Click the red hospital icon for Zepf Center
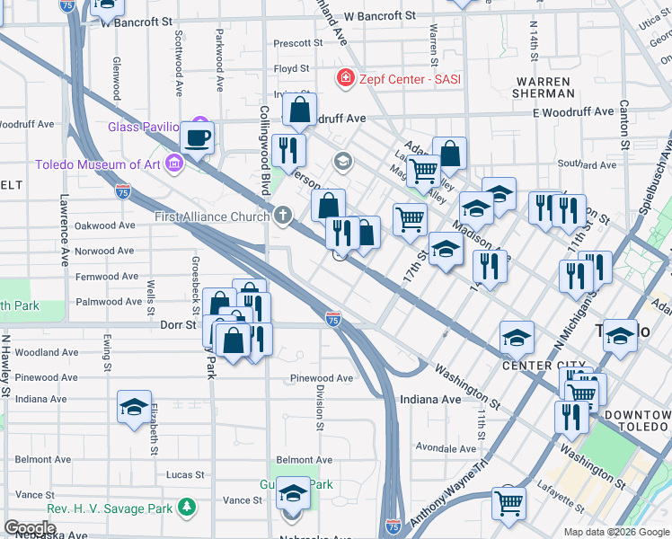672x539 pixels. [x=343, y=80]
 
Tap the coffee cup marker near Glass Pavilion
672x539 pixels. [x=198, y=138]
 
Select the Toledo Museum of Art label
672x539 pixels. [x=97, y=164]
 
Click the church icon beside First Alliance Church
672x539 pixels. [x=283, y=216]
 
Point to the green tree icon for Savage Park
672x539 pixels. [x=187, y=508]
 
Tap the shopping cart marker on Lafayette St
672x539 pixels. [x=508, y=502]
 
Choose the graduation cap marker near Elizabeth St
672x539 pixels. [x=134, y=406]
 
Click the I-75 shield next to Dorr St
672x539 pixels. [x=333, y=318]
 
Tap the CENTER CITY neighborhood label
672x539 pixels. [x=537, y=366]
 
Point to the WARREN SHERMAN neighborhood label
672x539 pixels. [x=544, y=87]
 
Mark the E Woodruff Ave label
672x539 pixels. [x=568, y=112]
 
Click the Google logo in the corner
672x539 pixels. [x=30, y=528]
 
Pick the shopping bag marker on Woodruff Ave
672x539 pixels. [x=299, y=110]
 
